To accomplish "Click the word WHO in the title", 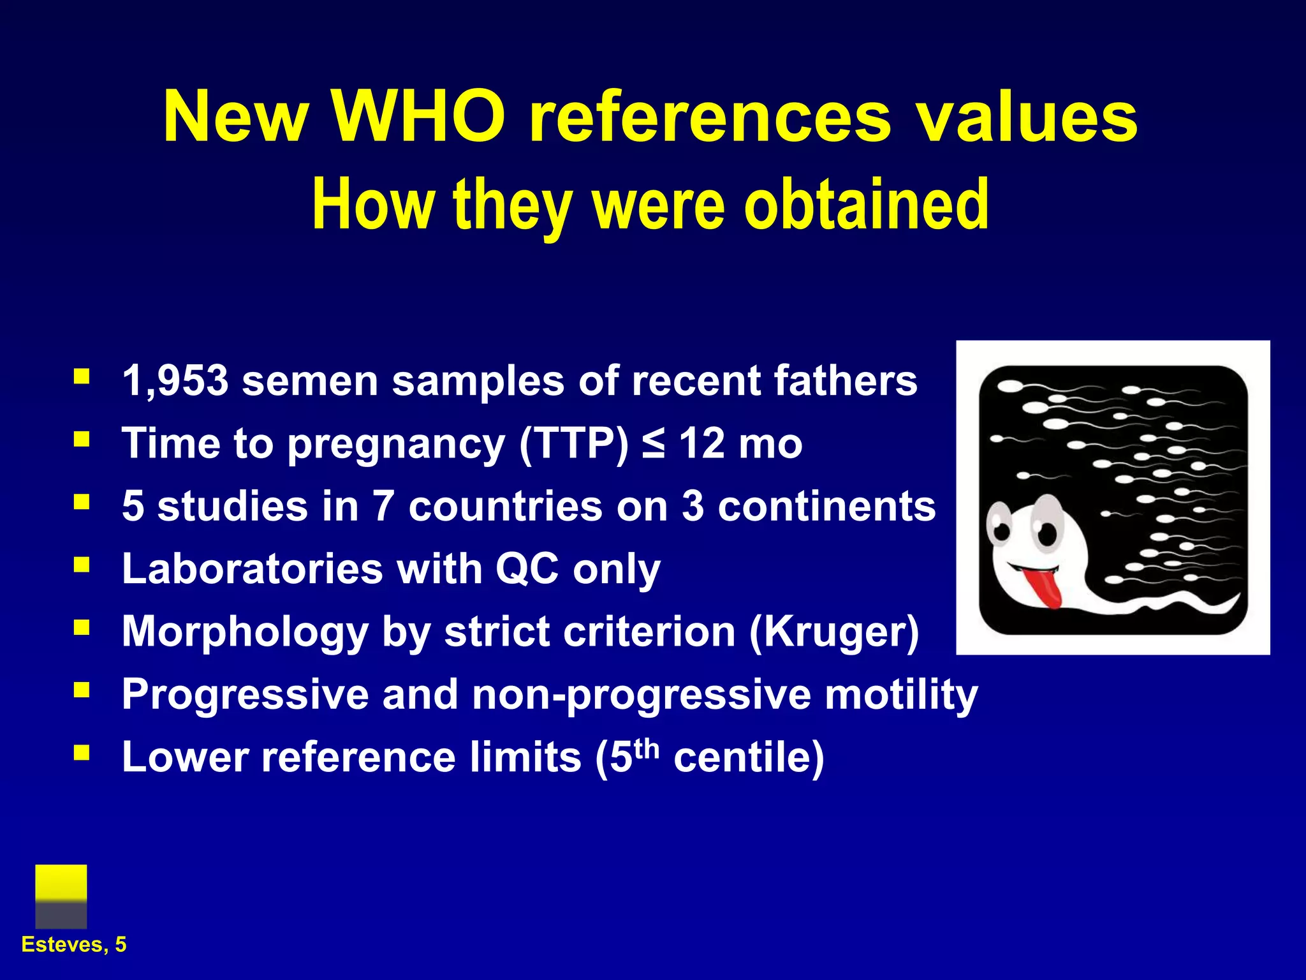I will pos(418,117).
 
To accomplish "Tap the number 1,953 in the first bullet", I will pos(175,381).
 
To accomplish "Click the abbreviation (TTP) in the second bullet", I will pos(573,443).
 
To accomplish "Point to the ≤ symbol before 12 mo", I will pos(654,443).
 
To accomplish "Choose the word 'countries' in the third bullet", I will pos(505,506).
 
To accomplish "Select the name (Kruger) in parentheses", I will pos(834,632).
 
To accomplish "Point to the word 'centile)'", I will pos(749,757).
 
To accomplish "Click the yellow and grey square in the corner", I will pos(61,896).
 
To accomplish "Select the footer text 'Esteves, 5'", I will pos(74,944).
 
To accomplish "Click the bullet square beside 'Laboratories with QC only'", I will pos(82,565).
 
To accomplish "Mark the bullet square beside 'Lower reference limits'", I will pos(82,753).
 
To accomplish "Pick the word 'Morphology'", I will pos(245,632).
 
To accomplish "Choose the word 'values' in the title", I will pos(1026,117).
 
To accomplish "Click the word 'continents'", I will pos(827,506).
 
